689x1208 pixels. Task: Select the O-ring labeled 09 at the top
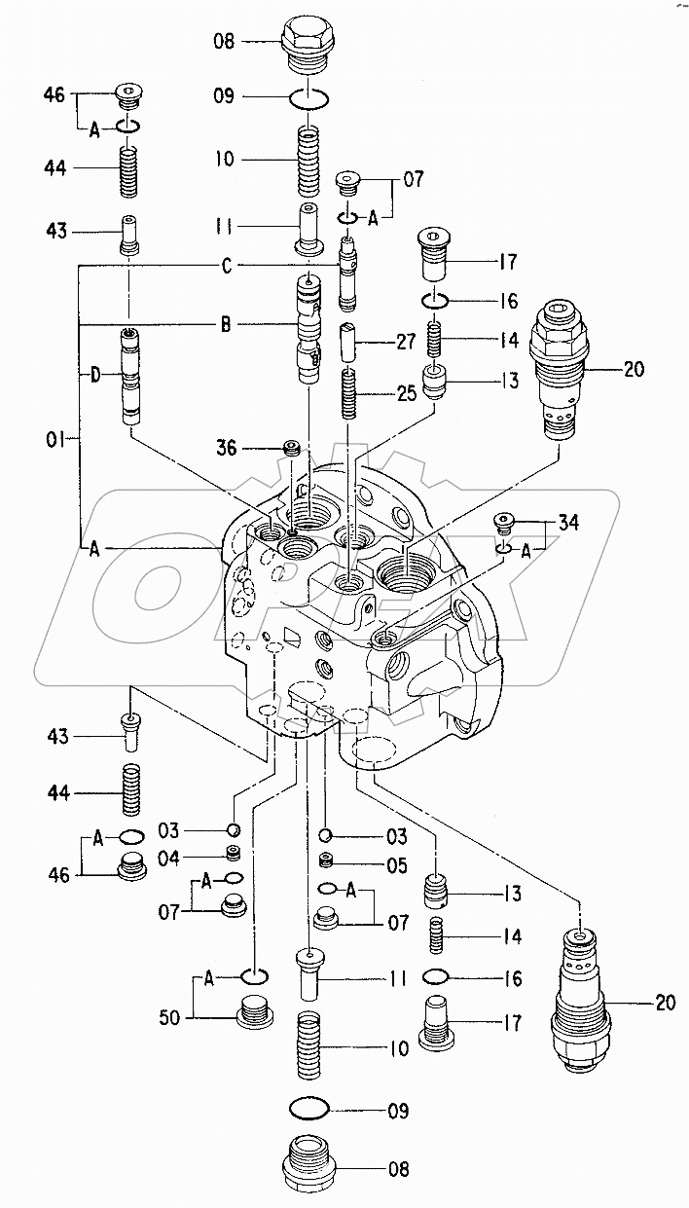click(x=309, y=97)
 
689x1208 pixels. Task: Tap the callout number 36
click(x=227, y=447)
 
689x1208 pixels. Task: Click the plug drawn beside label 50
click(x=254, y=1009)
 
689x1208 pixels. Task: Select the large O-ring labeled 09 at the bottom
click(x=310, y=1107)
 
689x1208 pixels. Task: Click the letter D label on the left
click(x=95, y=375)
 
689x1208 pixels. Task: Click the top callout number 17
click(x=507, y=262)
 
